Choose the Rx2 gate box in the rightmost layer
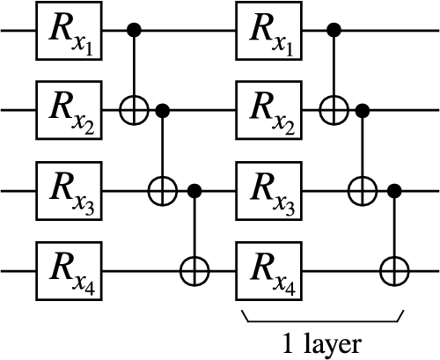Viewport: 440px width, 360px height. tap(265, 110)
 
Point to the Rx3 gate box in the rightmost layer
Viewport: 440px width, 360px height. tap(265, 187)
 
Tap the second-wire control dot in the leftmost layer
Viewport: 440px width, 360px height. tap(163, 110)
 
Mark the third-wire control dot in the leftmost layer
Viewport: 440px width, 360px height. tap(194, 187)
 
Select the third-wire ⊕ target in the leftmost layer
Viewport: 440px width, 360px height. tap(163, 187)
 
